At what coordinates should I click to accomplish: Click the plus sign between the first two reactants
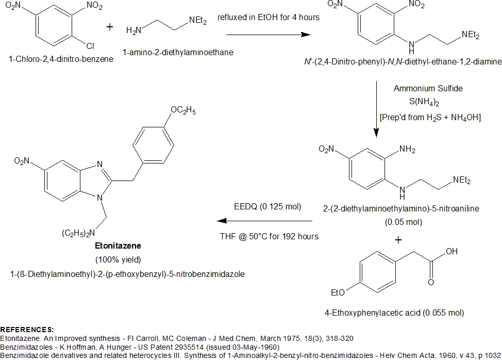[x=109, y=27]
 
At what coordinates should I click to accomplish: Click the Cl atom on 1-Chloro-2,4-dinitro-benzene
[x=90, y=46]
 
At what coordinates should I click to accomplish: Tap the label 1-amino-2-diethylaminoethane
[x=178, y=52]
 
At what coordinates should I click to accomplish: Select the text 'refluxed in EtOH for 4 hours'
[x=269, y=18]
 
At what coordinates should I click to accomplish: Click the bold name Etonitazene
[x=118, y=247]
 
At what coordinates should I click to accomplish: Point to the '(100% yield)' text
[x=118, y=258]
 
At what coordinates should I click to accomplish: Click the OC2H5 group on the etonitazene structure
[x=182, y=110]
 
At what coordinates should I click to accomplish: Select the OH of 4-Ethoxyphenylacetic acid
[x=451, y=252]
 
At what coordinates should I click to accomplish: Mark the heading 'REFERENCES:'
[x=27, y=329]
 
